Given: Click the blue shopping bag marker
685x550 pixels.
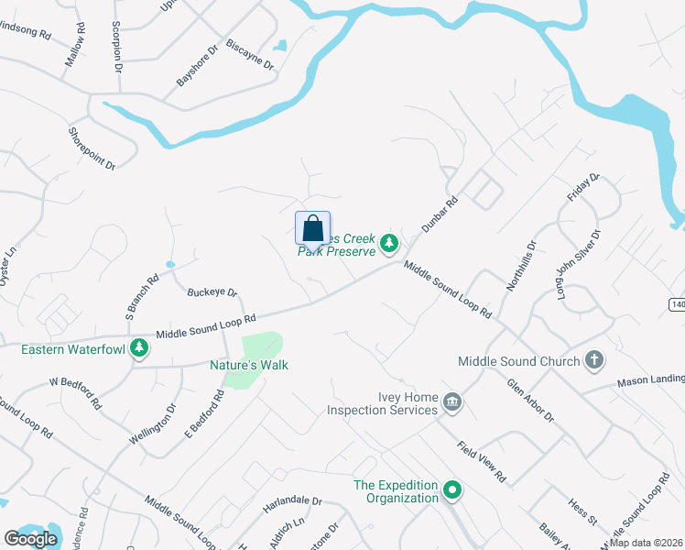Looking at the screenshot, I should (x=312, y=228).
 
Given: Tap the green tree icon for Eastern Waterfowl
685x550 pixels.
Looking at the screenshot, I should (x=139, y=347).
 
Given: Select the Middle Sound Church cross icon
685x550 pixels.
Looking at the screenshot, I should (x=593, y=360).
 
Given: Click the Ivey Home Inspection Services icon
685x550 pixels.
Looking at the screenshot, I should (x=451, y=401).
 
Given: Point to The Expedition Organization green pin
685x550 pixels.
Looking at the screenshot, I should (x=451, y=491).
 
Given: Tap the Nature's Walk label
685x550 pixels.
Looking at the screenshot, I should (x=249, y=365).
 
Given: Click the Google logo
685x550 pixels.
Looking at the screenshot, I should (x=30, y=538).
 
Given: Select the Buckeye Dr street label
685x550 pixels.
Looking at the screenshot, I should (x=212, y=292).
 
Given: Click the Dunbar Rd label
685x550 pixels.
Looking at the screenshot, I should (x=439, y=216).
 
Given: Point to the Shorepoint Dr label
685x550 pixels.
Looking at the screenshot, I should (x=92, y=148).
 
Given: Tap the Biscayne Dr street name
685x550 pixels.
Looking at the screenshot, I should (x=249, y=55).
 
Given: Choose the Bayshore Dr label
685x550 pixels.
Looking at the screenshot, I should (x=197, y=67).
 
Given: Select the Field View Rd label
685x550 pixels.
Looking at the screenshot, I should (x=482, y=462).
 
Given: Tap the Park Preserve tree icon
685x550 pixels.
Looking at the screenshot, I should (x=390, y=243).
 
